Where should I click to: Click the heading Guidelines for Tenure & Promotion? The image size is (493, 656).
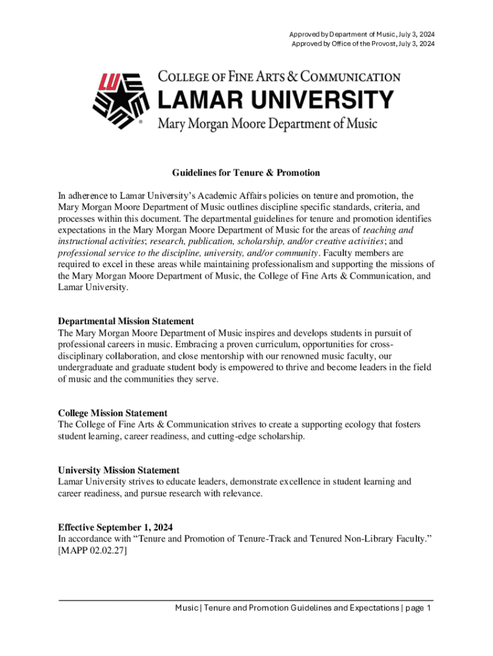[x=246, y=173]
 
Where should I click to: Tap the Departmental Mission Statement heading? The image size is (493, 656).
[x=126, y=321]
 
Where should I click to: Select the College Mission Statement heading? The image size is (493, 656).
[x=113, y=413]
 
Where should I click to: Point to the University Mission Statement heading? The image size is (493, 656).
[x=118, y=470]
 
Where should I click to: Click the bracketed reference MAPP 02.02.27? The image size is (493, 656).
[x=92, y=552]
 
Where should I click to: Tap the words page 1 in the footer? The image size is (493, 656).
[x=417, y=608]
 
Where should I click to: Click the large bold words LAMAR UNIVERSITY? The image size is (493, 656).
[x=275, y=100]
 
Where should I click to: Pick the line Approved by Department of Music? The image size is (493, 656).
[x=362, y=34]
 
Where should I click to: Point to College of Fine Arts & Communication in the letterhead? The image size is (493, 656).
[x=279, y=77]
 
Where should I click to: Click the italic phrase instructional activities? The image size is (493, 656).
[x=99, y=241]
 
